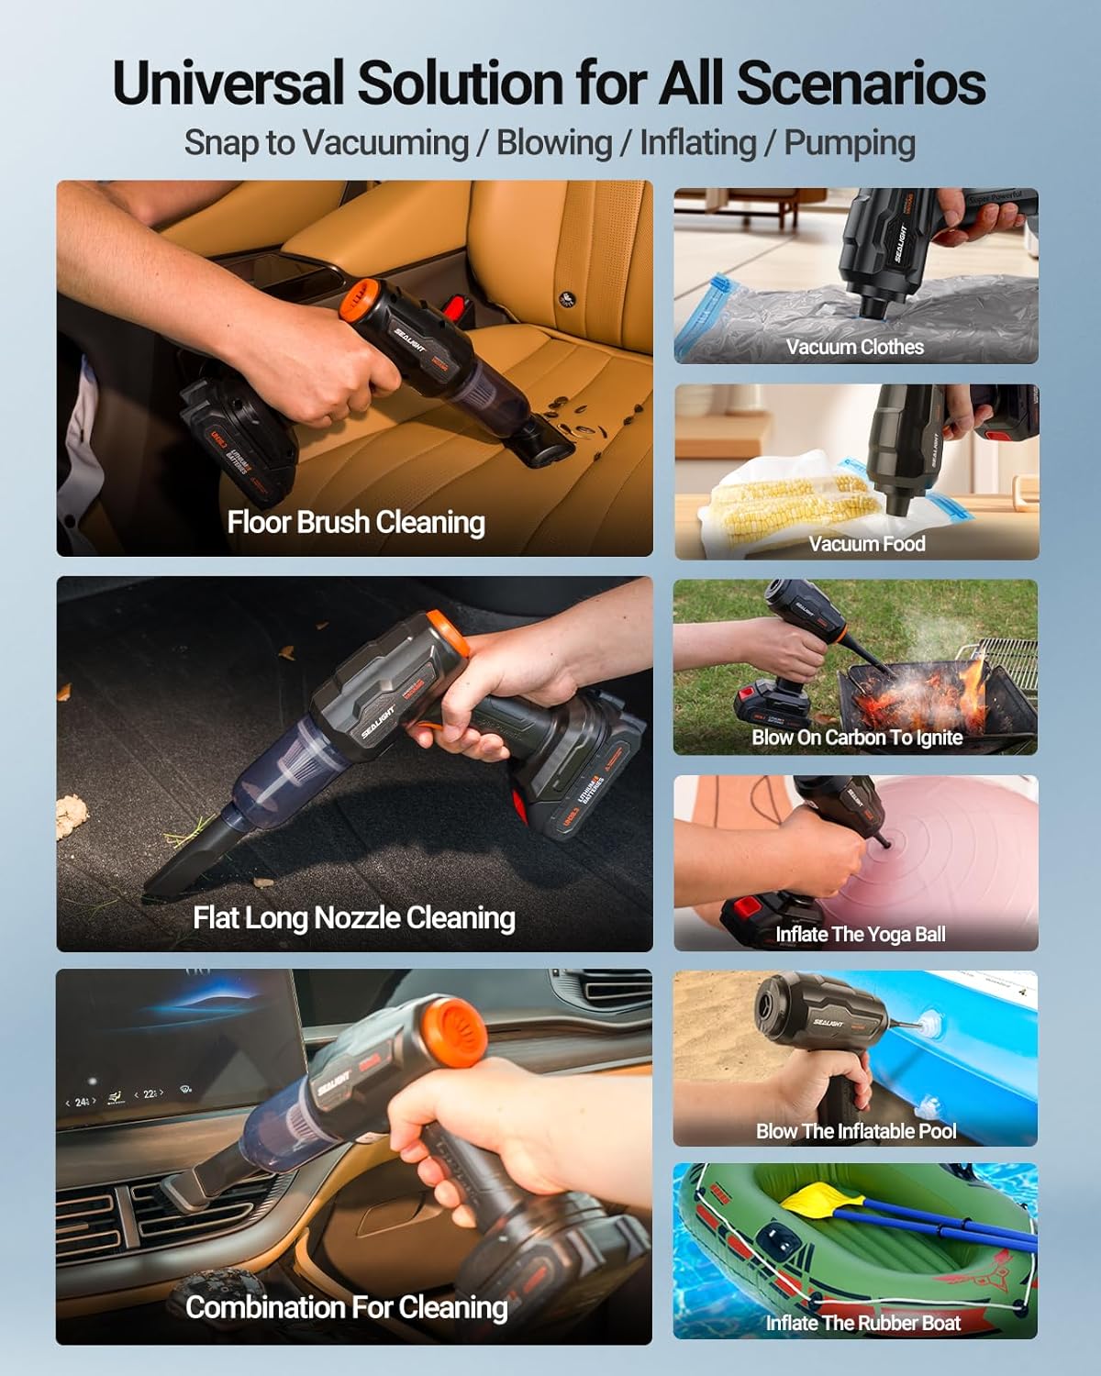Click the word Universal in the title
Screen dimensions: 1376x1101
click(x=229, y=84)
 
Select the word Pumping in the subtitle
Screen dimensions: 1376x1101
click(x=850, y=143)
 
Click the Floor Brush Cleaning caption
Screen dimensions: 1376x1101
click(x=356, y=522)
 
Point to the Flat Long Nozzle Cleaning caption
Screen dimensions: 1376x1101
click(x=354, y=917)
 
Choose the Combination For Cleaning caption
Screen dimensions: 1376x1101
click(x=347, y=1307)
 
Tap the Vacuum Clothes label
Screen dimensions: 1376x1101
click(x=855, y=347)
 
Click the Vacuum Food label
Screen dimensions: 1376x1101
click(x=867, y=544)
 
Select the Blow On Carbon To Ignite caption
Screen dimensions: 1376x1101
click(x=857, y=738)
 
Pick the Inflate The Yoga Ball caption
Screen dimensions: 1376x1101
click(x=861, y=935)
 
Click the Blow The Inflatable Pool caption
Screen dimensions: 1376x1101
click(x=856, y=1131)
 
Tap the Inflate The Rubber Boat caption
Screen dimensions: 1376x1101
click(x=863, y=1323)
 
